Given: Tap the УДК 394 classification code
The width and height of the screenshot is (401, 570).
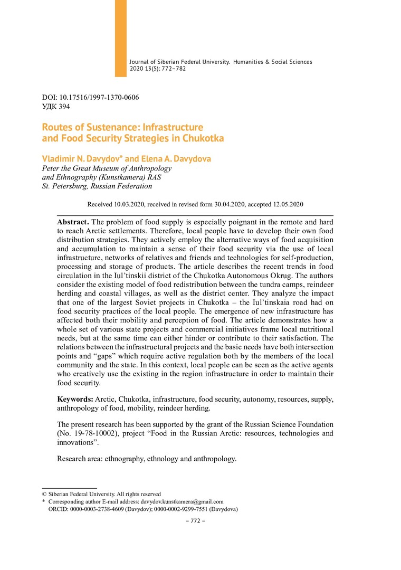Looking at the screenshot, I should click(56, 106).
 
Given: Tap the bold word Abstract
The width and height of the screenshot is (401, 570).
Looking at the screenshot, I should click(73, 222).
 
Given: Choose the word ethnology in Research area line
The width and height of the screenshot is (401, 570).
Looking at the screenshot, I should click(160, 459).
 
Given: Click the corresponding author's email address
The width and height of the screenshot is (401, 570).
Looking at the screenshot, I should click(182, 501).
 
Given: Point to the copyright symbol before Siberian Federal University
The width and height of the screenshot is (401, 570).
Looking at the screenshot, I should click(44, 494).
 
